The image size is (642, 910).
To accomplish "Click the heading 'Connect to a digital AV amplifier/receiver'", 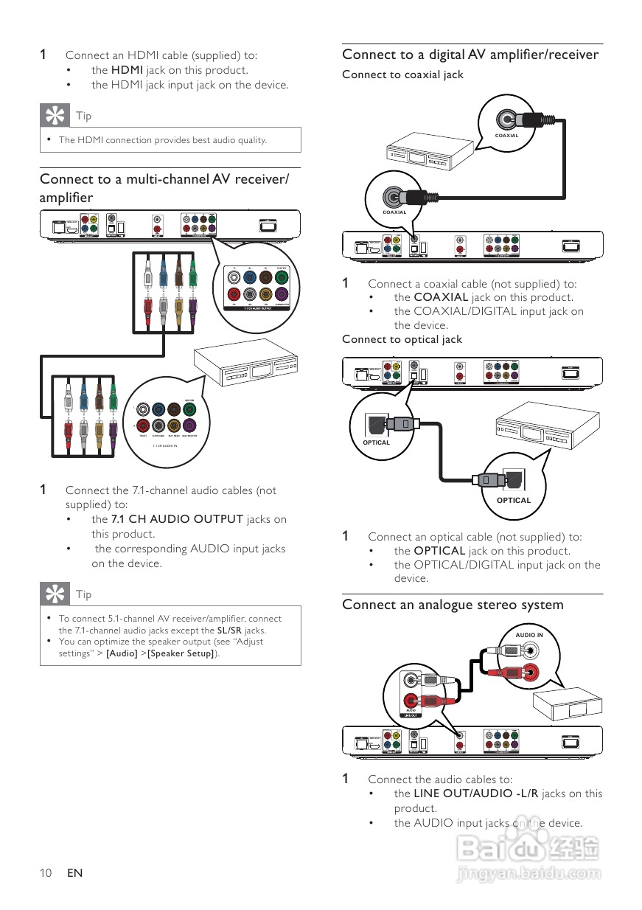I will [x=470, y=55].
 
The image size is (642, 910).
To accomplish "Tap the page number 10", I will [x=46, y=873].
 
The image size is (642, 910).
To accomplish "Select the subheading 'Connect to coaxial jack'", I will [x=402, y=74].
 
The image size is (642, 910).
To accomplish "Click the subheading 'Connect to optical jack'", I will [x=402, y=339].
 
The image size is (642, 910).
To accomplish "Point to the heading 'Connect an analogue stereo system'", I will [x=453, y=605].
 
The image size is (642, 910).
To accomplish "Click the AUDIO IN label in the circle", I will [x=528, y=635].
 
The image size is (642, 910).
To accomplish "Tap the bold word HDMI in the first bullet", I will [x=127, y=70].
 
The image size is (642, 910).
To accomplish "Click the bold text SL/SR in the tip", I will [x=230, y=631].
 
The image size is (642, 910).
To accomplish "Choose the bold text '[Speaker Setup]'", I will [x=181, y=653].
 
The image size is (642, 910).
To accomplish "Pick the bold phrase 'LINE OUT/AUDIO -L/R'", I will [x=476, y=793].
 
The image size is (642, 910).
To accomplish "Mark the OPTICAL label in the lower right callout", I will [x=514, y=500].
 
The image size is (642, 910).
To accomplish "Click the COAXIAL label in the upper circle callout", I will [x=506, y=136].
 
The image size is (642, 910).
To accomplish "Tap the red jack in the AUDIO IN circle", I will [x=528, y=671].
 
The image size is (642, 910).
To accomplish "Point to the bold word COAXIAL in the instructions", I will [x=441, y=297].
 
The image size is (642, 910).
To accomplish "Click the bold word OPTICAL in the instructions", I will [x=439, y=551].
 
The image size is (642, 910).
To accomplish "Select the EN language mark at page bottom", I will [x=74, y=873].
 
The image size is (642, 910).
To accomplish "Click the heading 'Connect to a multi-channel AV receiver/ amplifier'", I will [x=164, y=188].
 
